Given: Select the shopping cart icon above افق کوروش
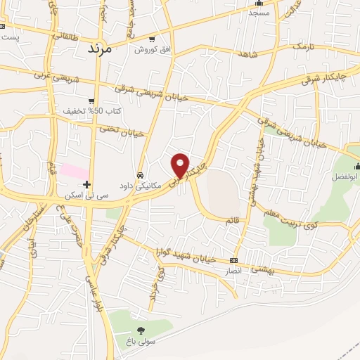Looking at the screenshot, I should (153, 39).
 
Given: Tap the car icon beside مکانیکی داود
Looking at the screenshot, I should (140, 175).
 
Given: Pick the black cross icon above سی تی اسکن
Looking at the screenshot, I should (86, 184).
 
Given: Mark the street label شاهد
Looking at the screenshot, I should (248, 55).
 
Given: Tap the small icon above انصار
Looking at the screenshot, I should (233, 259).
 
